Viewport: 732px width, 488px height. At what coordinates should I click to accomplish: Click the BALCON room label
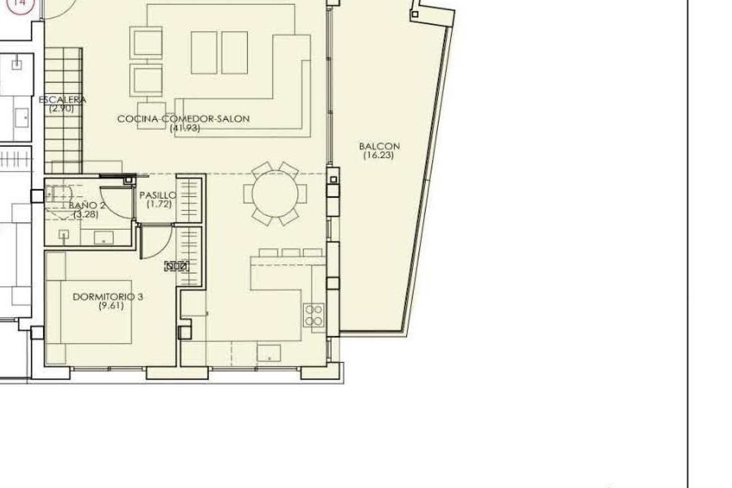379,146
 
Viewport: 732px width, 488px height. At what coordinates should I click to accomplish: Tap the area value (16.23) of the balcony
378,155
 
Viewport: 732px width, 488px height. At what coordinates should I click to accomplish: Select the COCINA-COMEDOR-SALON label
183,119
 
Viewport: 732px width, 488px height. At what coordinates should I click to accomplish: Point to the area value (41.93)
185,128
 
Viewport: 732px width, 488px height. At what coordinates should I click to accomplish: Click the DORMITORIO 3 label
108,297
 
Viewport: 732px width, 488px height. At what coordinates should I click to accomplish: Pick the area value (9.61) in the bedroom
111,306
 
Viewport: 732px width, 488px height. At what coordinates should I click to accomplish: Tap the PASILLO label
158,195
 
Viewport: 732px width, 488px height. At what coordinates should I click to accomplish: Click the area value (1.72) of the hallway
159,204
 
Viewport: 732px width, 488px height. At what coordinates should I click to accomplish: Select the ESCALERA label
63,100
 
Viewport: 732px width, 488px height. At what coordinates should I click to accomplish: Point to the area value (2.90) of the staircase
61,108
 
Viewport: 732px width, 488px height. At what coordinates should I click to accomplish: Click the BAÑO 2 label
87,205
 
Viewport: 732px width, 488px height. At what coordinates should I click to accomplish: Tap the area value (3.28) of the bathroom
86,214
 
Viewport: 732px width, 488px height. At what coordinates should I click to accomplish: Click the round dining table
275,194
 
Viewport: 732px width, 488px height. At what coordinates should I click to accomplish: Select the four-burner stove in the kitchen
314,315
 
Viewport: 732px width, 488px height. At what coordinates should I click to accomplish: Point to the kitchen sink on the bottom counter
269,353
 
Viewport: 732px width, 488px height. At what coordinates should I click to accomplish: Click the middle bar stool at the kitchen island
291,252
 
